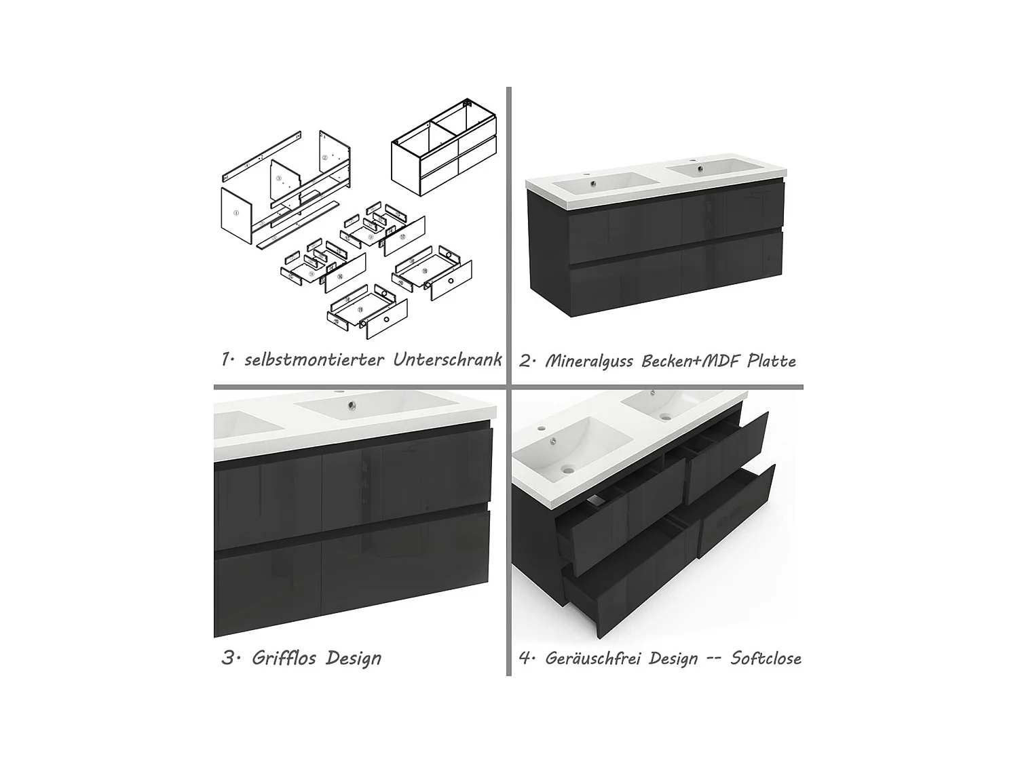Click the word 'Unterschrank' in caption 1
[447, 359]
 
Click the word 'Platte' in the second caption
[771, 360]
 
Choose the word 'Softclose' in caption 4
[766, 658]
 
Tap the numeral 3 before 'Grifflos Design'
[228, 658]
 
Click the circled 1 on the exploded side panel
[236, 212]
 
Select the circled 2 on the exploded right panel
[325, 157]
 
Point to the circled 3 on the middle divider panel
[278, 178]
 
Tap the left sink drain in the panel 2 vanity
[594, 182]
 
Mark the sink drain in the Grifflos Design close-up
[351, 406]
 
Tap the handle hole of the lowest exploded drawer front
[387, 319]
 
